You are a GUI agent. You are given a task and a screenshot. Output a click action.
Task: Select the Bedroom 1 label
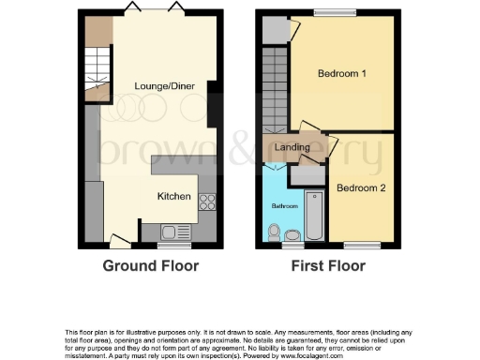pyautogui.click(x=341, y=74)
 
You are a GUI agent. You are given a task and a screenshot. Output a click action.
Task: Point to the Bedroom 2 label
pyautogui.click(x=361, y=188)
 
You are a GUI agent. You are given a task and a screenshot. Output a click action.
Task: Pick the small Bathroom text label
pyautogui.click(x=285, y=205)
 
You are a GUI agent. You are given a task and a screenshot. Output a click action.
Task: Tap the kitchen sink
pyautogui.click(x=175, y=231)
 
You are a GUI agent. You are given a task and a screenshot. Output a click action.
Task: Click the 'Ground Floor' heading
pyautogui.click(x=150, y=266)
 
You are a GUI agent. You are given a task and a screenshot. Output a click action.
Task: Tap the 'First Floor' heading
pyautogui.click(x=326, y=266)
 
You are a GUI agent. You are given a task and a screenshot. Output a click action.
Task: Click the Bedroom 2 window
pyautogui.click(x=361, y=245)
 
